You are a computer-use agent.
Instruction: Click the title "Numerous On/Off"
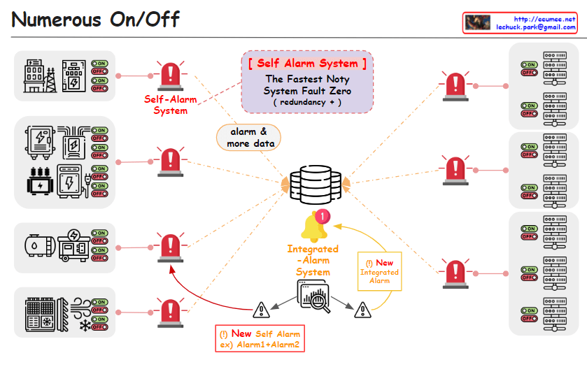95,19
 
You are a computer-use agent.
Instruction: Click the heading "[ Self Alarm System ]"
306,63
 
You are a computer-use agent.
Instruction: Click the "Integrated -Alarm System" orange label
313,260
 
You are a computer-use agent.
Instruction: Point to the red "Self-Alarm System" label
171,105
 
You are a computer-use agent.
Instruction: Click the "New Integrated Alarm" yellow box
379,271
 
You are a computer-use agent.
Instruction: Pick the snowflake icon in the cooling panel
85,326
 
